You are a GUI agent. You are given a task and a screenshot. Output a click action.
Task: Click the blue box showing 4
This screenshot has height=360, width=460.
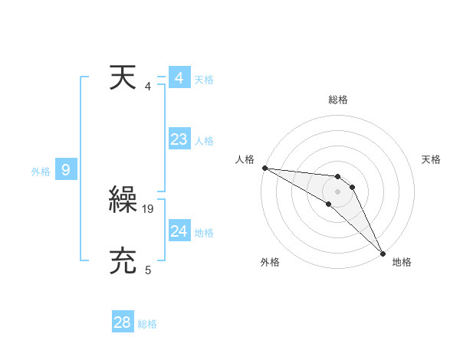(x=179, y=78)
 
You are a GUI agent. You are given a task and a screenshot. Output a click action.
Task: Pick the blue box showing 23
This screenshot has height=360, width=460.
(x=179, y=139)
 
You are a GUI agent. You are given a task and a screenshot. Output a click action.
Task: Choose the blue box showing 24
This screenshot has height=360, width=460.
(x=179, y=231)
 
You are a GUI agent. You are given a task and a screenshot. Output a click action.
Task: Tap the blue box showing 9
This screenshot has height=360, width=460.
(x=66, y=170)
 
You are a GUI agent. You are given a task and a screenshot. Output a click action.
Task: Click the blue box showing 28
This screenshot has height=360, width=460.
(x=123, y=322)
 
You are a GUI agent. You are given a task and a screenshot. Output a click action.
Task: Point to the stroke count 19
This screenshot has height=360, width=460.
(x=149, y=208)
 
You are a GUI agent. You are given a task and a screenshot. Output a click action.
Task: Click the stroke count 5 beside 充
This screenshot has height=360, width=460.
(x=148, y=269)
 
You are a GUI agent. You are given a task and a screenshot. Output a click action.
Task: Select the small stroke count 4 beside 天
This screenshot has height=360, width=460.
(x=148, y=86)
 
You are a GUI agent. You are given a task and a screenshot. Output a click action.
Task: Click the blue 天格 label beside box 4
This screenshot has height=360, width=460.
(x=204, y=80)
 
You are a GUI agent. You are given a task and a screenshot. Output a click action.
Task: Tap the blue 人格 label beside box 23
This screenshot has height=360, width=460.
(x=204, y=141)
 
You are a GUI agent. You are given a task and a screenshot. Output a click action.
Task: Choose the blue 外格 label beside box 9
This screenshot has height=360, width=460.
(x=41, y=172)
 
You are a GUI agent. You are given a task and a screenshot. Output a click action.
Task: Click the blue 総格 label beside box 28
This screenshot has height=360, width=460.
(x=147, y=324)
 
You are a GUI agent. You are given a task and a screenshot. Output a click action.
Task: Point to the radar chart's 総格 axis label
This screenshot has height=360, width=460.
(x=338, y=100)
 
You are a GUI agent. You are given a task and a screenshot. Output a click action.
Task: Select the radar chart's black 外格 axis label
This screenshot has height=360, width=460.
(x=270, y=263)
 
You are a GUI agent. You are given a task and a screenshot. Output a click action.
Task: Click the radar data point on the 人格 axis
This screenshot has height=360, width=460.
(x=264, y=168)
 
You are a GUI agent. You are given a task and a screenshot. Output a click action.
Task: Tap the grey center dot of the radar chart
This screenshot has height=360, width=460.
(x=337, y=191)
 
